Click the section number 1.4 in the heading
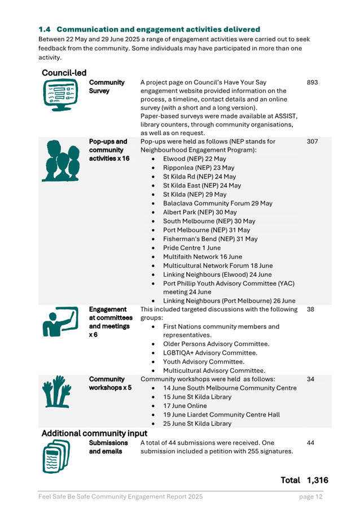tap(45, 29)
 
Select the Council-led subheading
tap(64, 73)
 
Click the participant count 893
tap(313, 82)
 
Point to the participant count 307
tap(313, 142)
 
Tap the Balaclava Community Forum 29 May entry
tap(217, 203)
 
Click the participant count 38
tap(311, 309)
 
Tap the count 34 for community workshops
tap(311, 379)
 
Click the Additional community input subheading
tap(90, 433)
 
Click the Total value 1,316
tap(318, 480)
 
